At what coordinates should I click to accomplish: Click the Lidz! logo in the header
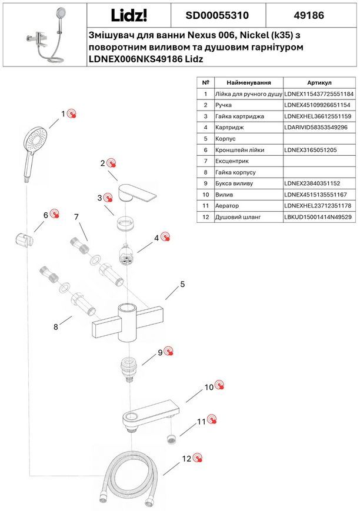point(129,15)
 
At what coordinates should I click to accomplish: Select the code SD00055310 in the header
point(217,15)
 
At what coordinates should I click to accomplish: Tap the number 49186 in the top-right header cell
point(309,15)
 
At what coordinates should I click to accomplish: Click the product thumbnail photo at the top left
point(45,35)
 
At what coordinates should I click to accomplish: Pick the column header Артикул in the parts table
point(319,83)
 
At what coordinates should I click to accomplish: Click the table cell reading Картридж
point(229,128)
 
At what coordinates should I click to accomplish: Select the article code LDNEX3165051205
point(311,150)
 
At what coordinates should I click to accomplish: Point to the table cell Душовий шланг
point(238,217)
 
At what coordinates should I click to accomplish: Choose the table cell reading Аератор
point(226,206)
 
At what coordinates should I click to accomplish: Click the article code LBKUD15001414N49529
point(318,217)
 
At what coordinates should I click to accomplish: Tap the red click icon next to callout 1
point(72,113)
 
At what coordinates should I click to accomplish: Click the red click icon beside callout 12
point(197,458)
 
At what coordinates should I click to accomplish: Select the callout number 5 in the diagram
point(182,284)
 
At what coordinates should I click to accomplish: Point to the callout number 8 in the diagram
point(56,326)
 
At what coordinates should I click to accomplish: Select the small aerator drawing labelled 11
point(171,439)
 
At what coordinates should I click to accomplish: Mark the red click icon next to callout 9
point(169,351)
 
